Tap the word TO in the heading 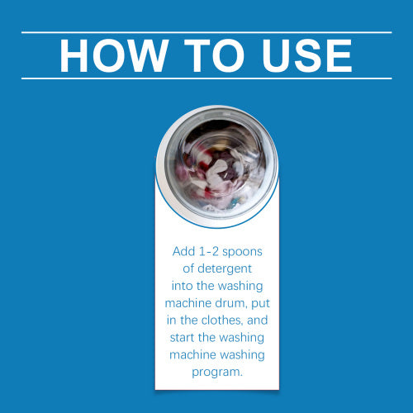(x=214, y=55)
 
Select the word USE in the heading (x=307, y=55)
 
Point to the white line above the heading (x=206, y=32)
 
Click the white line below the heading (x=206, y=78)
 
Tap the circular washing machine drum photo (x=217, y=167)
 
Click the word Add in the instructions (x=183, y=251)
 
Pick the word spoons (x=242, y=252)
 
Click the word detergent (x=225, y=268)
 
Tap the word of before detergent (x=188, y=268)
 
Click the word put (x=260, y=304)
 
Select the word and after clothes (x=258, y=320)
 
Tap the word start (x=182, y=338)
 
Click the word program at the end (x=217, y=373)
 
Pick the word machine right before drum (x=188, y=303)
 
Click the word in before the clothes (x=172, y=320)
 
